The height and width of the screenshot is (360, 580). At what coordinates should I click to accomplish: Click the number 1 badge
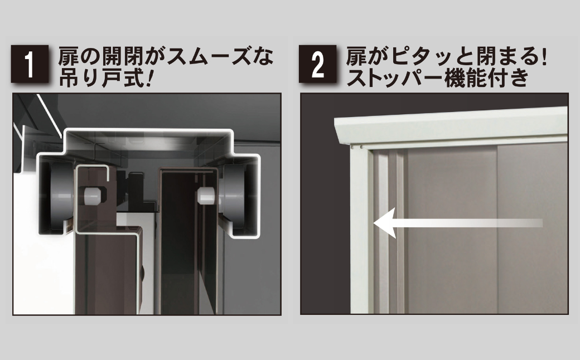(30, 64)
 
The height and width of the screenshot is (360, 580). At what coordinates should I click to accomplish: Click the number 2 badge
(317, 64)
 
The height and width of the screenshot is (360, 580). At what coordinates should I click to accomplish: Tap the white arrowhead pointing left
(385, 223)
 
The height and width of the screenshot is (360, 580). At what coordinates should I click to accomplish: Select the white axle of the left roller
(93, 196)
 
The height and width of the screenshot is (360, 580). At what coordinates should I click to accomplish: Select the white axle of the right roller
(207, 196)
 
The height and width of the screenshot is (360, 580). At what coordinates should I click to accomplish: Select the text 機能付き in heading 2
(486, 77)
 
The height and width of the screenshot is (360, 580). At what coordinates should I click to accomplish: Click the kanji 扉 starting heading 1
(69, 56)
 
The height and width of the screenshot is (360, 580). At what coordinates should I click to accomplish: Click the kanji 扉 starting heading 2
(356, 56)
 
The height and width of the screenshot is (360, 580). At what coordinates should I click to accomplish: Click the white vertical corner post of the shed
(359, 229)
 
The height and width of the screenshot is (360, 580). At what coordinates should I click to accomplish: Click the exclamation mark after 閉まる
(543, 56)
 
